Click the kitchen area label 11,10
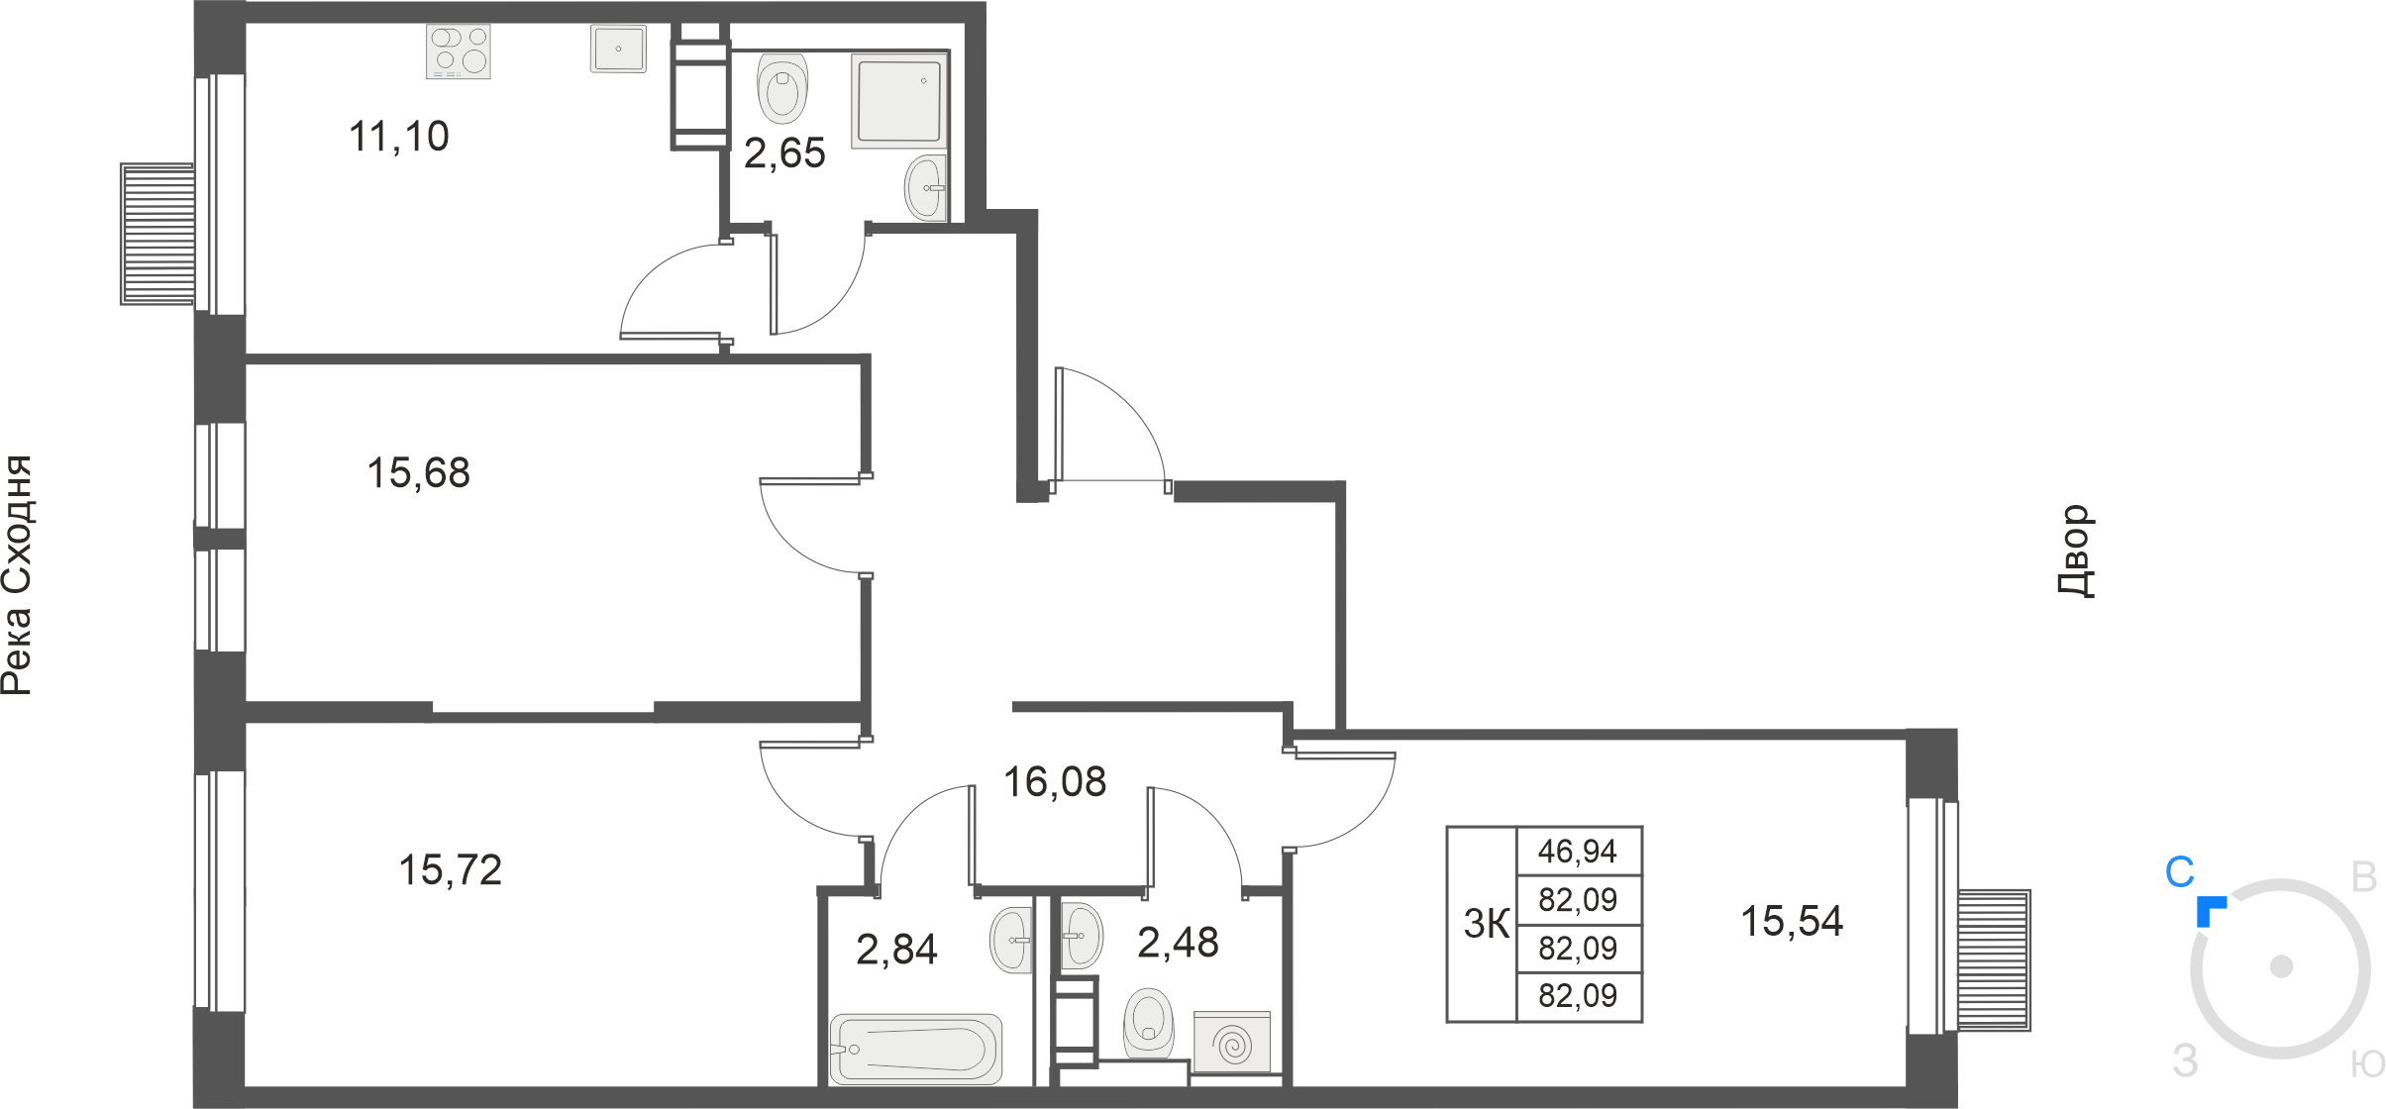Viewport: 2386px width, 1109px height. tap(399, 137)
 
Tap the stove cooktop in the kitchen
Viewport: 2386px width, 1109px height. tap(459, 51)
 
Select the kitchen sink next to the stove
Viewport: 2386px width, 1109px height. tap(618, 49)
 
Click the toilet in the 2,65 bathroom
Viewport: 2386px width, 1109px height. tap(782, 87)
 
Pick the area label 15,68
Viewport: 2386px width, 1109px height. tap(419, 473)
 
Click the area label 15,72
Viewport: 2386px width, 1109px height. tap(451, 870)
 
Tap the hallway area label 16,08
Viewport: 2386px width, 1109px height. tap(1055, 782)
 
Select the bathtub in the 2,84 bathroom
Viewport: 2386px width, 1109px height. tap(916, 1049)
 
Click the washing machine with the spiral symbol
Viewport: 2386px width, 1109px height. tap(1232, 1043)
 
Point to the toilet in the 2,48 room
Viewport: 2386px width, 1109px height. tap(1149, 1023)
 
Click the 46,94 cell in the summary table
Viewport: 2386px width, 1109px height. tap(1578, 851)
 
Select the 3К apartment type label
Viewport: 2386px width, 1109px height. tap(1487, 924)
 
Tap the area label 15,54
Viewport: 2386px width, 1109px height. tap(1793, 922)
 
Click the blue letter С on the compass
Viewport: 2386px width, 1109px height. tap(2180, 872)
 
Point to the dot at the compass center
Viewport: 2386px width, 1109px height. tap(2281, 966)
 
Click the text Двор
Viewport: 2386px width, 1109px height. tap(2076, 552)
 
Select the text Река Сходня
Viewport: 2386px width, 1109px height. tap(17, 575)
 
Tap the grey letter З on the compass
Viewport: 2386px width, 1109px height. tap(2185, 1061)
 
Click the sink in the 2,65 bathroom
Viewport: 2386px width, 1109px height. tap(926, 186)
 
